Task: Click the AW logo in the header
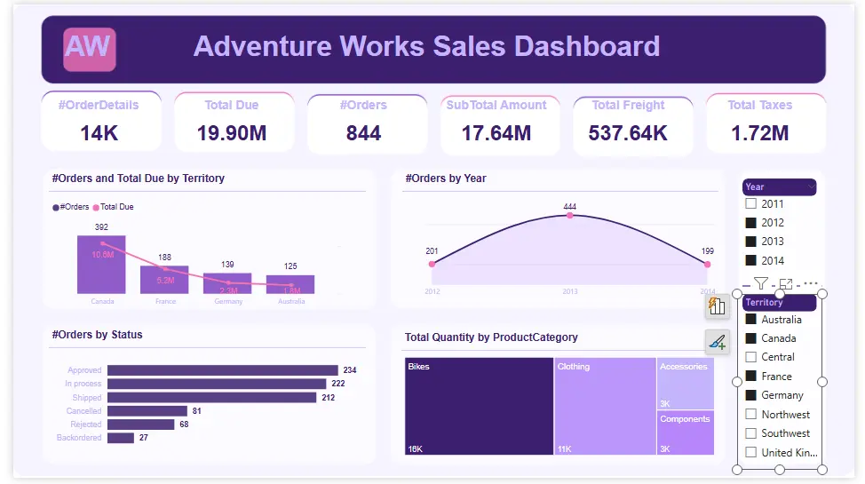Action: click(x=89, y=49)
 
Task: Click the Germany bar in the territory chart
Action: click(x=227, y=283)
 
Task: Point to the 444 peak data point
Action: click(x=569, y=216)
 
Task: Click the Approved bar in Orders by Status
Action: click(x=222, y=370)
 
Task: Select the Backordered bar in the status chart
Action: click(x=120, y=438)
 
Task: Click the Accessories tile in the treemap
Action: click(x=685, y=383)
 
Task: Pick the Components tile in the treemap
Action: click(x=685, y=432)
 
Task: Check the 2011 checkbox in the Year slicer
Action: click(x=751, y=204)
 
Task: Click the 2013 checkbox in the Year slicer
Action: click(x=751, y=242)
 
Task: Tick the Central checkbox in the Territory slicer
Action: click(x=751, y=357)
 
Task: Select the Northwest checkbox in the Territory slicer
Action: click(x=751, y=415)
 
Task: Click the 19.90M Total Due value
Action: click(x=232, y=133)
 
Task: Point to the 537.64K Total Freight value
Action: click(x=628, y=133)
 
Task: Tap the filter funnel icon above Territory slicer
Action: click(x=761, y=284)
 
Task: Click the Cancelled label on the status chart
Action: click(x=84, y=411)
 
